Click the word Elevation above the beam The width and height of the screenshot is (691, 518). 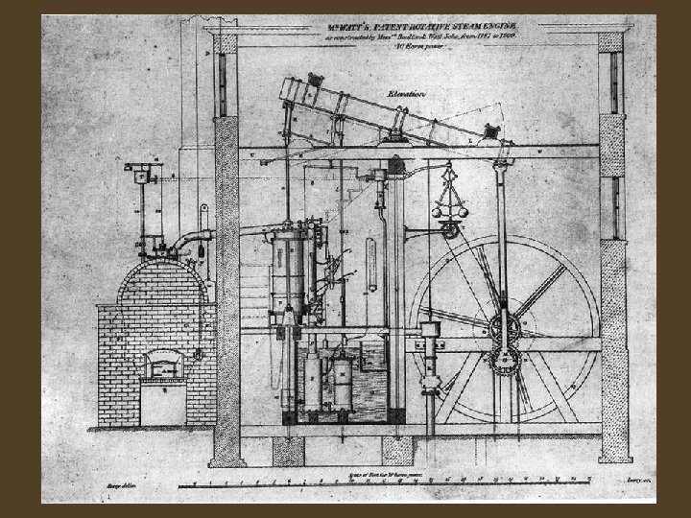[x=408, y=94]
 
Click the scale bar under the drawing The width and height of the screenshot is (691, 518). [x=403, y=478]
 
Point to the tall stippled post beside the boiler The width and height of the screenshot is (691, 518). [x=227, y=288]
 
